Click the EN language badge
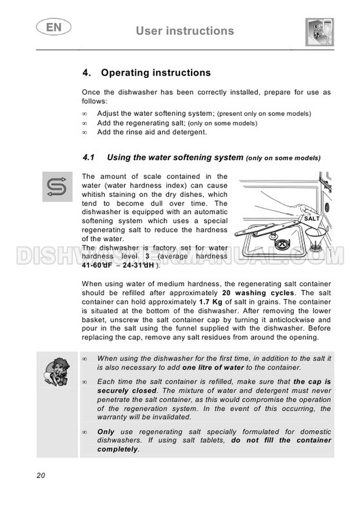coord(52,28)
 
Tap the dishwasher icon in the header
coord(318,32)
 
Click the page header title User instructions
coord(185,31)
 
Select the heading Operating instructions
coord(155,73)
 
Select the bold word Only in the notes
coord(106,432)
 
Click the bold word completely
coord(118,449)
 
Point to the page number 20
coord(41,475)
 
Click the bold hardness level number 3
coord(147,256)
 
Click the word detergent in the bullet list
coord(188,132)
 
